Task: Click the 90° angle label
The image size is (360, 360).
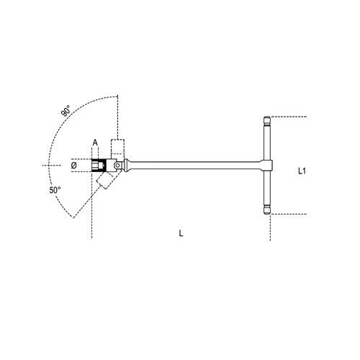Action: pos(66,112)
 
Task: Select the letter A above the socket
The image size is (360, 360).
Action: pos(94,143)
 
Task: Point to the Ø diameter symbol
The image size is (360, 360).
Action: pos(74,165)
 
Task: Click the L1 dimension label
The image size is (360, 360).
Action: pos(303,172)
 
